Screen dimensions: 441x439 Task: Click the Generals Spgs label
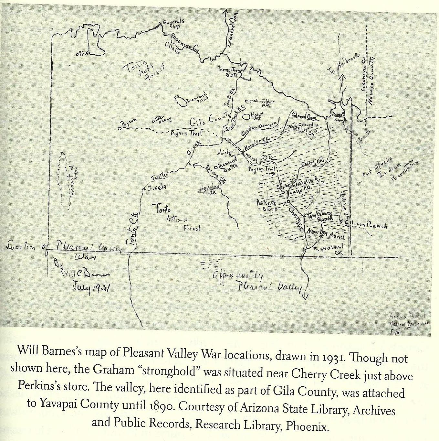(173, 24)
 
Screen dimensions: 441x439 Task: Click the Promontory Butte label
(228, 71)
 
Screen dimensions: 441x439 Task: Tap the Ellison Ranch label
(366, 224)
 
